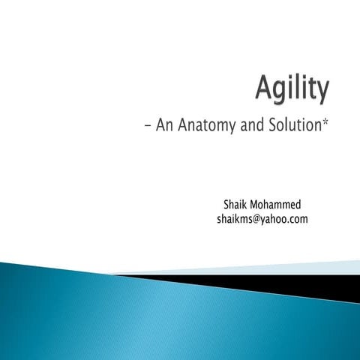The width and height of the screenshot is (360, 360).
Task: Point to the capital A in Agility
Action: click(x=263, y=90)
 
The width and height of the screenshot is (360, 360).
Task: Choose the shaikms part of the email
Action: click(x=235, y=219)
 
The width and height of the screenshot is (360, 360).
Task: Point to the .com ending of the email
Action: click(x=298, y=219)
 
